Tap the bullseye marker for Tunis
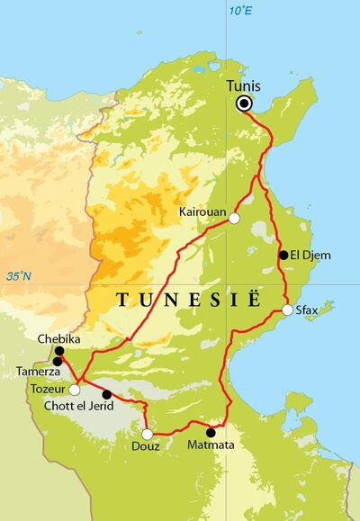coord(244,104)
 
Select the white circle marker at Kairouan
coord(235,218)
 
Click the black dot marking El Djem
coord(283,256)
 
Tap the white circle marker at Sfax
coord(287,310)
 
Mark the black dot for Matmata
coord(211,432)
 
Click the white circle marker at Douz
coord(147,434)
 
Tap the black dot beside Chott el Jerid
coord(107,394)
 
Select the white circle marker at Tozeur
coord(75,390)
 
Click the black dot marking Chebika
coord(59,351)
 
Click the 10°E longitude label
coord(239,11)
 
